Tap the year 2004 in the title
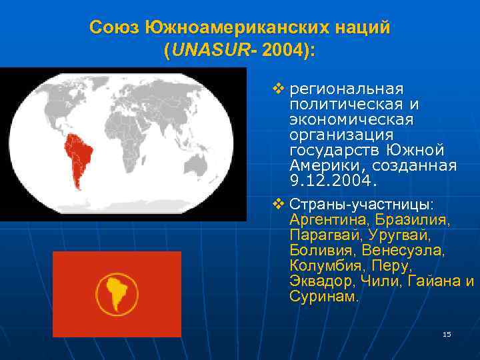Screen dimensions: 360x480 [281, 51]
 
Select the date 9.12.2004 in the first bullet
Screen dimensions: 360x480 [333, 180]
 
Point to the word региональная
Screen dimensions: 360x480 [347, 89]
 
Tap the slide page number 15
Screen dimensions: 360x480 [447, 333]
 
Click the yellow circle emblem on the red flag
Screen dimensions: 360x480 [117, 294]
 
